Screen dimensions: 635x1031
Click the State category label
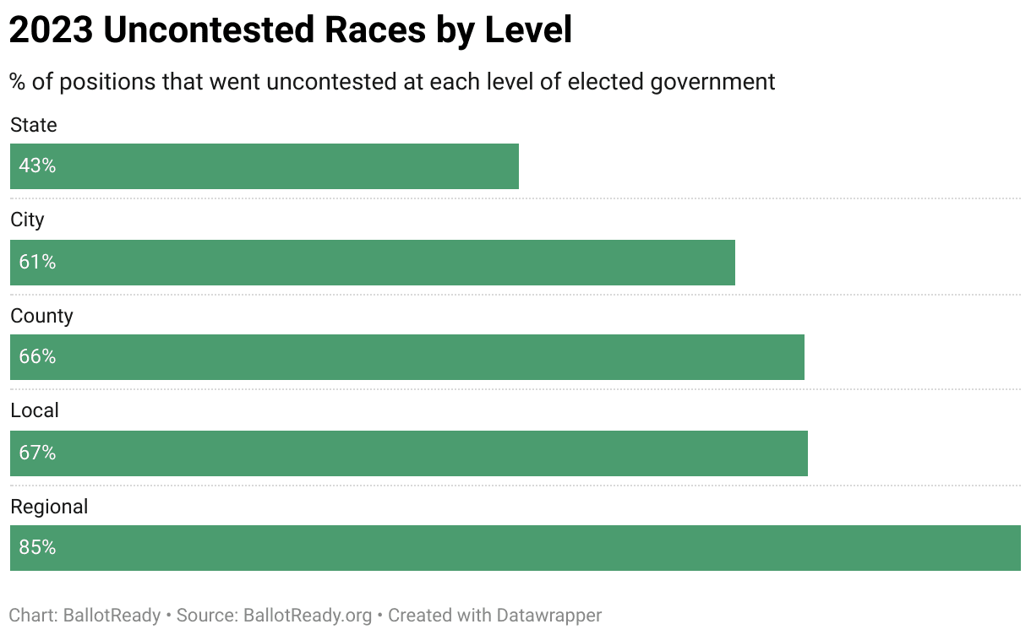coord(34,125)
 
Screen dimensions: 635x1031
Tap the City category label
coord(27,220)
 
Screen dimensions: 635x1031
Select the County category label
coord(41,316)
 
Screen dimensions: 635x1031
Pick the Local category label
coord(35,410)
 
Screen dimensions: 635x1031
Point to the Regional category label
coord(49,507)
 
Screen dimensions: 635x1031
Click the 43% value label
coord(37,166)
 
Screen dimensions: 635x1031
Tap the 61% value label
coord(37,263)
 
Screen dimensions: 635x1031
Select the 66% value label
coord(37,357)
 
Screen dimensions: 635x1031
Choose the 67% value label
coord(37,453)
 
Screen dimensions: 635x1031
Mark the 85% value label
coord(37,548)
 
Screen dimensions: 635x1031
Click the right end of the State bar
coord(517,166)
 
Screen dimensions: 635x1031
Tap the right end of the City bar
coord(734,263)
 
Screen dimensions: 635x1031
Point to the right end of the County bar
coord(803,357)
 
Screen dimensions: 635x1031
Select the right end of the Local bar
coord(806,453)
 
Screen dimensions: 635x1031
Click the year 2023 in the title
coord(51,30)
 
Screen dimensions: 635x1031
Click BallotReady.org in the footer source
coord(308,615)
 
